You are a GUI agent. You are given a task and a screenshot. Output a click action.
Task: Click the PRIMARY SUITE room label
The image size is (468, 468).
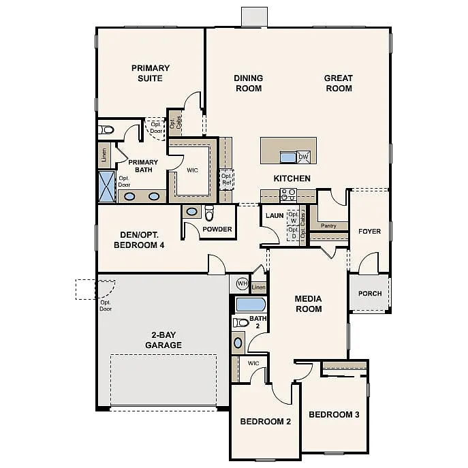point(151,73)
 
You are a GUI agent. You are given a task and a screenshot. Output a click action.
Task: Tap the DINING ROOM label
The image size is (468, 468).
point(249,83)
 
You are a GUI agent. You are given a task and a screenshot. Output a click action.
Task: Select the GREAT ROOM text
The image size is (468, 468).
point(338,83)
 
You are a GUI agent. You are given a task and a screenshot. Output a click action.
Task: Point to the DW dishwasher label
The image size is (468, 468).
point(303,157)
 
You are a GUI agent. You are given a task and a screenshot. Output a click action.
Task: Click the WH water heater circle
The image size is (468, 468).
point(241,283)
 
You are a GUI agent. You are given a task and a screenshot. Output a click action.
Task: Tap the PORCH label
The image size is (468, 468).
point(370,294)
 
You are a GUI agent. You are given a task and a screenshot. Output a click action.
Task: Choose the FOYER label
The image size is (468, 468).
point(369,232)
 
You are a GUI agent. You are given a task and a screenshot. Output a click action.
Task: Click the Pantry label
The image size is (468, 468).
point(328,225)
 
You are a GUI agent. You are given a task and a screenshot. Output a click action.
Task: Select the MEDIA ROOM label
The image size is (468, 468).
point(308,304)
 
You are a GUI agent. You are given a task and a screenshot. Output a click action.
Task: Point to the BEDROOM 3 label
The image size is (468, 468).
point(334,414)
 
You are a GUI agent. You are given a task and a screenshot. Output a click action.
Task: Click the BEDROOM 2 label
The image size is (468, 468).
point(266,422)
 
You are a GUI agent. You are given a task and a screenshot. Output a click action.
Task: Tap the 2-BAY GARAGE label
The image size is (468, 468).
point(163,340)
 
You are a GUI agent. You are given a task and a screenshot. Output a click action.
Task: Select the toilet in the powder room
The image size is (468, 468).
point(209,213)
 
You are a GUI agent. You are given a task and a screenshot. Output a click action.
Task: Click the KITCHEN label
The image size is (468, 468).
point(292,178)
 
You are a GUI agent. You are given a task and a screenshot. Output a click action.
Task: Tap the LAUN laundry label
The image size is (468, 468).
point(275,215)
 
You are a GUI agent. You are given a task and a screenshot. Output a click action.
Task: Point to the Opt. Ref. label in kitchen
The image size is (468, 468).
point(227,178)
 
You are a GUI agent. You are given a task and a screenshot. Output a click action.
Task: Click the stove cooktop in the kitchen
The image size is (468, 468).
point(289,195)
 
